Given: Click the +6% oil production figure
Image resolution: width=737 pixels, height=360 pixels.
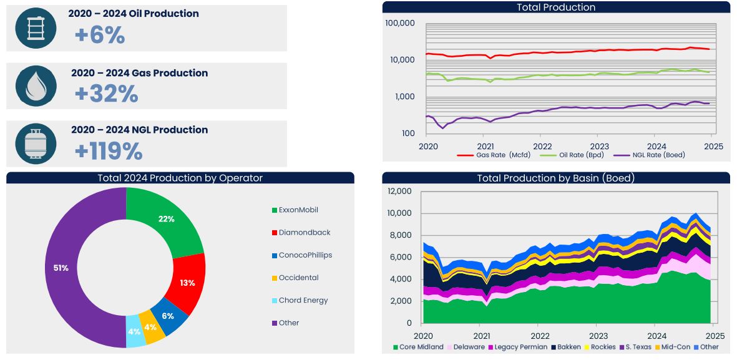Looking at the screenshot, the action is click(x=100, y=35).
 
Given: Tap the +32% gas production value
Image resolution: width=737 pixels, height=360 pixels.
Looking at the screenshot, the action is click(x=106, y=94).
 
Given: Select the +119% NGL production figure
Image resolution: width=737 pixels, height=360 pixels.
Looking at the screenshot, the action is click(x=109, y=151).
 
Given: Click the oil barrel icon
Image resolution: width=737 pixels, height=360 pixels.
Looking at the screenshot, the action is click(x=36, y=28).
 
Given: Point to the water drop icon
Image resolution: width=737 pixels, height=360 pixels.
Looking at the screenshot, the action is click(x=36, y=86).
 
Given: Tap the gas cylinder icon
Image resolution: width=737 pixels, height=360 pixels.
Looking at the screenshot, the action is click(x=36, y=144).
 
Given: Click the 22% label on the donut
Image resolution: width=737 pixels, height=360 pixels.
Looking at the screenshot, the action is click(x=166, y=219).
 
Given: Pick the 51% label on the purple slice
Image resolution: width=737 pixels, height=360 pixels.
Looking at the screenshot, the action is click(x=60, y=268).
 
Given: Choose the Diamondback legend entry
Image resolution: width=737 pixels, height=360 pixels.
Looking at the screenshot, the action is click(x=301, y=233).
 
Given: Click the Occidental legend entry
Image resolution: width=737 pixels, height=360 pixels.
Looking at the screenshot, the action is click(x=295, y=278).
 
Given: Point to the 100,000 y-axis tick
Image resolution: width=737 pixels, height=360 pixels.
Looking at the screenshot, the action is click(x=400, y=24).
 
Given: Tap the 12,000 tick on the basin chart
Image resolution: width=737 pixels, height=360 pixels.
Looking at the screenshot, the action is click(x=399, y=192).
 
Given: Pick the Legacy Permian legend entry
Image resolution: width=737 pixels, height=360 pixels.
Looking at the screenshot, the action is click(x=517, y=347).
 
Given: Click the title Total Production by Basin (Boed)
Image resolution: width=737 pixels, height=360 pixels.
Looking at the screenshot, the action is click(x=556, y=178).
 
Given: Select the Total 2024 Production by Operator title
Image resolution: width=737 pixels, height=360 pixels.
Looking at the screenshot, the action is click(x=180, y=178).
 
